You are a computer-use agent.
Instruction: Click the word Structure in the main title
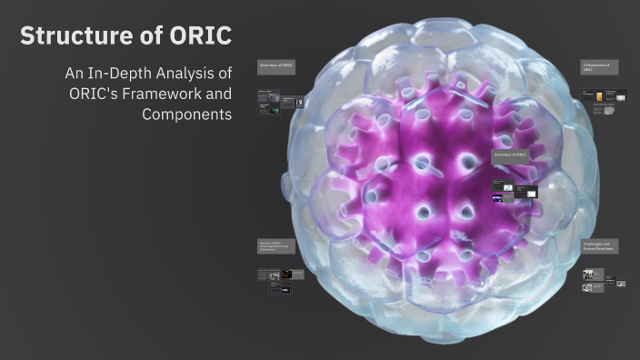click(x=74, y=36)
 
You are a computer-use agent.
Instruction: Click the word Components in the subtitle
click(x=187, y=115)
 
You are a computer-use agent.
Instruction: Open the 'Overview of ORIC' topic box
click(x=276, y=66)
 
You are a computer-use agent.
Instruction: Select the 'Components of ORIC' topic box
click(x=599, y=68)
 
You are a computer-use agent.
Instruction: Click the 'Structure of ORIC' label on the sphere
click(x=509, y=156)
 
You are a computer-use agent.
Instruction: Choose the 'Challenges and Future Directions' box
click(x=599, y=246)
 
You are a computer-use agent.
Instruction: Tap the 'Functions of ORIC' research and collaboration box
click(x=276, y=246)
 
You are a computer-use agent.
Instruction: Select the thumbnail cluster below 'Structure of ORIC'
click(x=515, y=191)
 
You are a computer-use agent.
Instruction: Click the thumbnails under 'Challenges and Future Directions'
click(x=603, y=279)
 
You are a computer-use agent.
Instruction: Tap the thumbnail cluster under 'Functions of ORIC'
click(x=275, y=280)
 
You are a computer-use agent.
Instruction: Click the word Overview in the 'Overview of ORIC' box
click(x=268, y=66)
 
